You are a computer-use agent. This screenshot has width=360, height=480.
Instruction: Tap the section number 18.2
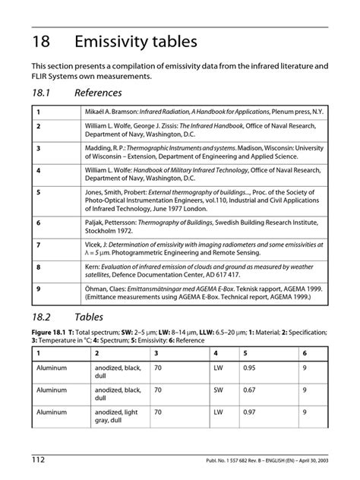[43, 317]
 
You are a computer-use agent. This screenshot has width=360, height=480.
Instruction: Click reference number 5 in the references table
[38, 192]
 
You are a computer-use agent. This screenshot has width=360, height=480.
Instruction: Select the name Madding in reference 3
[99, 148]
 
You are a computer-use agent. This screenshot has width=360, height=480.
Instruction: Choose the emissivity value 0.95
[248, 368]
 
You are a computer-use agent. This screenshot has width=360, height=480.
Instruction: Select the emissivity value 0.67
[248, 390]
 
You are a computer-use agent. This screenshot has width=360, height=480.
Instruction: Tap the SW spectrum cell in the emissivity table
[219, 390]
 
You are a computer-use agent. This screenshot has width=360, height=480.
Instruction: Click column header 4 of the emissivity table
[216, 352]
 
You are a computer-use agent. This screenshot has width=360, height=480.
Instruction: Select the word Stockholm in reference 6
[106, 231]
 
